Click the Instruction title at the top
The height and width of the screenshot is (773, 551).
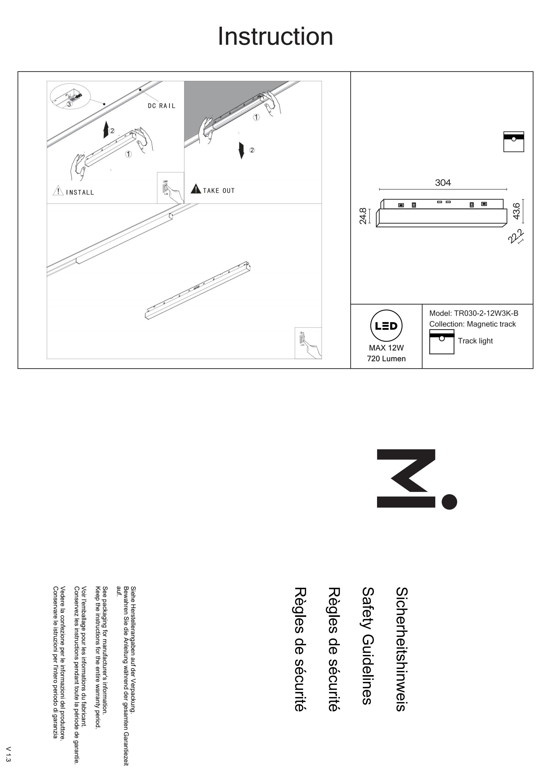coord(275,36)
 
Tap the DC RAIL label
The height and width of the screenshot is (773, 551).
coord(162,106)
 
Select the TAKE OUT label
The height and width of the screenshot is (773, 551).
coord(219,191)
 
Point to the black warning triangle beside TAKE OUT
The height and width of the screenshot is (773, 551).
coord(196,189)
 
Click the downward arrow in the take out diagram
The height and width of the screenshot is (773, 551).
coord(241,150)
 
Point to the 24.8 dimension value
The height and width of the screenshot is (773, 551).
coord(363,216)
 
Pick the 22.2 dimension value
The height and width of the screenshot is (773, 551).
coord(516,237)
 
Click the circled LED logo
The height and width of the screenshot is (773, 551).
coord(386,326)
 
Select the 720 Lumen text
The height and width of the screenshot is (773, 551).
coord(386,358)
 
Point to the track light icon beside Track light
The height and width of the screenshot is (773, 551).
coord(442,342)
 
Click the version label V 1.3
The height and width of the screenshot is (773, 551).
coord(9,754)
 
